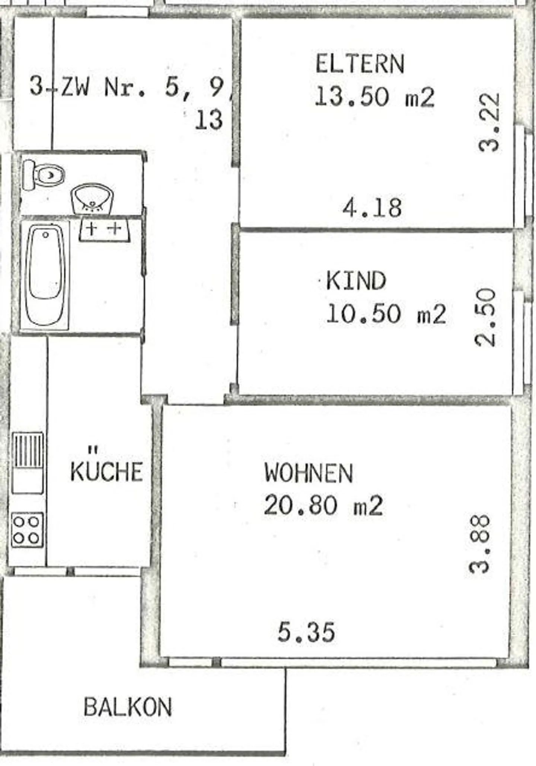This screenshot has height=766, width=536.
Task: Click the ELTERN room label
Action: [x=360, y=64]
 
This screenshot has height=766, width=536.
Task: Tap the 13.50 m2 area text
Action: [x=374, y=97]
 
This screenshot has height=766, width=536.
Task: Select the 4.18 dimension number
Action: [x=372, y=208]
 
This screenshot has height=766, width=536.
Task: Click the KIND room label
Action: [x=356, y=281]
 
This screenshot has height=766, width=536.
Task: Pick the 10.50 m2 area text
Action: [x=386, y=314]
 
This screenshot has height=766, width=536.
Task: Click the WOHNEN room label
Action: [x=309, y=473]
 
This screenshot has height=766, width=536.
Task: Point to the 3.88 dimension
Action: [x=479, y=544]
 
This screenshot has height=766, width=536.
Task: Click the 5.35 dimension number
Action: [x=306, y=632]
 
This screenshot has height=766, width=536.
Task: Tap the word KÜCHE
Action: [x=106, y=471]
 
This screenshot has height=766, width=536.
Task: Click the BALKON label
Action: [x=128, y=707]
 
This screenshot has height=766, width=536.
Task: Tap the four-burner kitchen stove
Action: [x=27, y=530]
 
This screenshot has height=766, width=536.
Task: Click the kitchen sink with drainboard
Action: [x=28, y=462]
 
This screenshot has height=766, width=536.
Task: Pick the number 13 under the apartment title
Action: [x=209, y=121]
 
